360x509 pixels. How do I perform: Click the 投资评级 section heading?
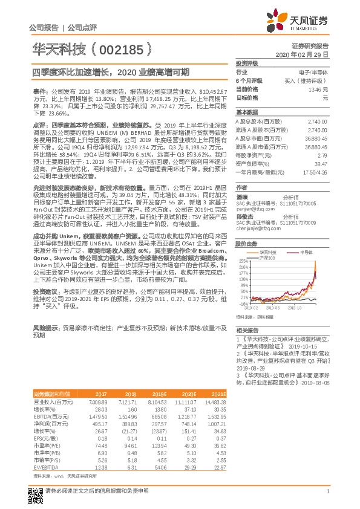(x=247, y=63)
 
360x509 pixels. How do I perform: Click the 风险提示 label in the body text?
(x=46, y=326)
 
